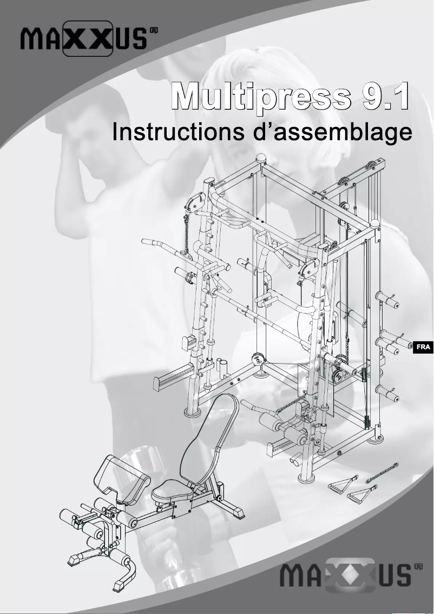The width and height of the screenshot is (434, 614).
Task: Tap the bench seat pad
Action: point(172,492)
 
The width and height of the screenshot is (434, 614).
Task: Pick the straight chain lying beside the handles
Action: point(382,473)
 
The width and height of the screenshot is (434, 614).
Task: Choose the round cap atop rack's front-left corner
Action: point(261,159)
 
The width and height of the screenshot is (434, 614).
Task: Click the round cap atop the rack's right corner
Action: point(375,222)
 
